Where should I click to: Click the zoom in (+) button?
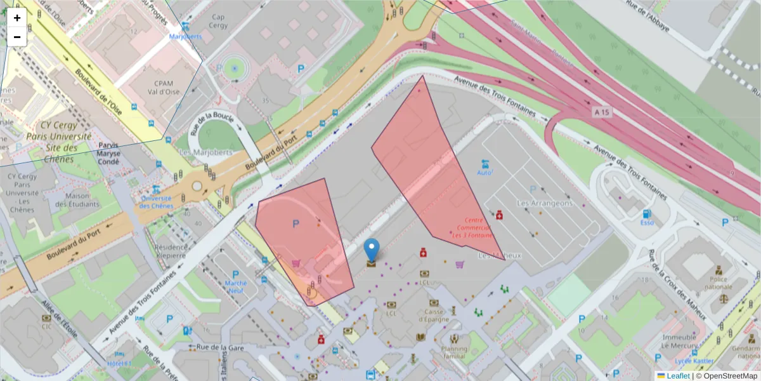17,18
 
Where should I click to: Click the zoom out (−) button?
17,37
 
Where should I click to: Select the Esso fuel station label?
647,223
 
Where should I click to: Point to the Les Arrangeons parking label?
544,203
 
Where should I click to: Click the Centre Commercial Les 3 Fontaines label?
472,228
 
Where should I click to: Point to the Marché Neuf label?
236,286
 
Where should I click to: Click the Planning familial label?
455,352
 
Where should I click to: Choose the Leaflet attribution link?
677,376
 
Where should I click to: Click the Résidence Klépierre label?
171,251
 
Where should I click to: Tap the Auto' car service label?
485,172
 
